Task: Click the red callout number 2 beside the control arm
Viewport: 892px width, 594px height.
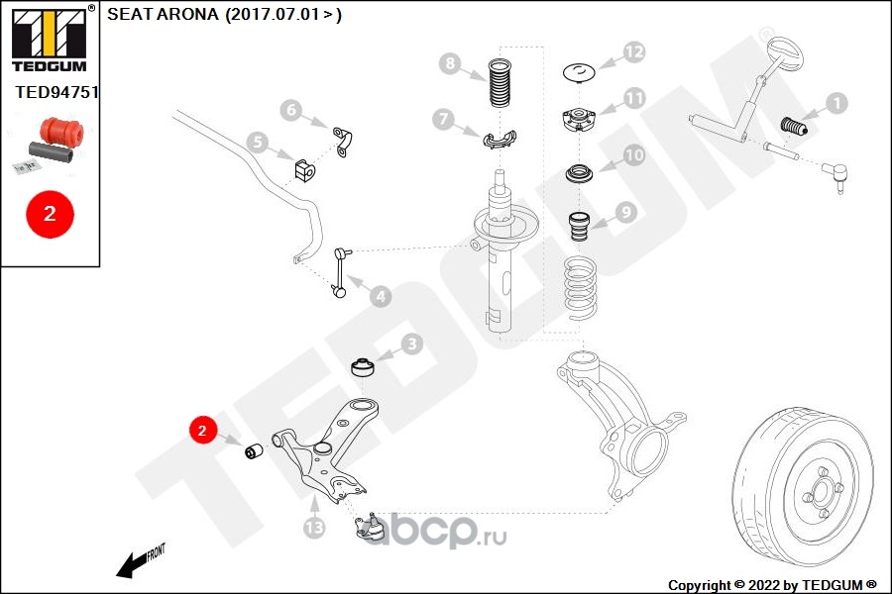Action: point(202,431)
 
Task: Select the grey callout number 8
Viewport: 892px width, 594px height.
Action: point(451,65)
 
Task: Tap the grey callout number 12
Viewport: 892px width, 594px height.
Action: point(633,51)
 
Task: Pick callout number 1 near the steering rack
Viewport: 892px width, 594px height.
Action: point(836,102)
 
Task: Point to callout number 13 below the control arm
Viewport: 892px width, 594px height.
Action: point(257,143)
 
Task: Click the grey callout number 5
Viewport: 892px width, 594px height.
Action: point(289,109)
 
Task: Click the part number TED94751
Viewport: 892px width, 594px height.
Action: point(57,92)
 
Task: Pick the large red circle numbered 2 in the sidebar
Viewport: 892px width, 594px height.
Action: point(50,213)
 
